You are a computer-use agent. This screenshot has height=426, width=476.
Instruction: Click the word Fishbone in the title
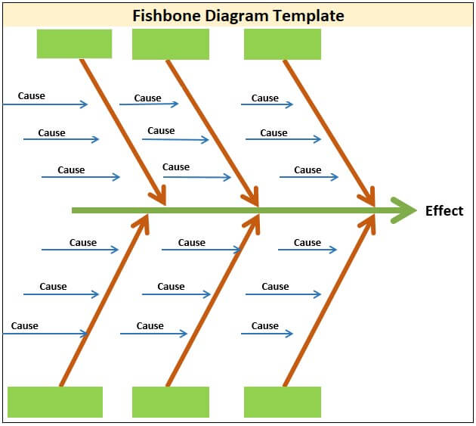tap(163, 15)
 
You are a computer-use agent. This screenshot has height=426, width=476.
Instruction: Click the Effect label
tap(444, 210)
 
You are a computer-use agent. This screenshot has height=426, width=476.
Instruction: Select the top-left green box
tap(74, 44)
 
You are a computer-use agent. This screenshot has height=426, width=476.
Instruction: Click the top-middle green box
tap(171, 45)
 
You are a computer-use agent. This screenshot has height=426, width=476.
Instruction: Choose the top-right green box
tap(283, 45)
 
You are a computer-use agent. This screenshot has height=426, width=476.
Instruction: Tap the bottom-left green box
tap(55, 402)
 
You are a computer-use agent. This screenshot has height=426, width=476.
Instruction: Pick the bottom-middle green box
tap(171, 402)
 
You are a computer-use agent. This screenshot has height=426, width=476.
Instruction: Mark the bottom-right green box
tap(283, 402)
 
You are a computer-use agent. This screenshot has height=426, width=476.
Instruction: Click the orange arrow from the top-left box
tap(121, 129)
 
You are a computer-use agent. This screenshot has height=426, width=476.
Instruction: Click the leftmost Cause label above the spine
tap(32, 96)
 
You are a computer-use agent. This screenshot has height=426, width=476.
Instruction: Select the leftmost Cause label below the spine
tap(25, 326)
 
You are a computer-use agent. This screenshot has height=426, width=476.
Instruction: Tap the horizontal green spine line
tap(227, 210)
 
